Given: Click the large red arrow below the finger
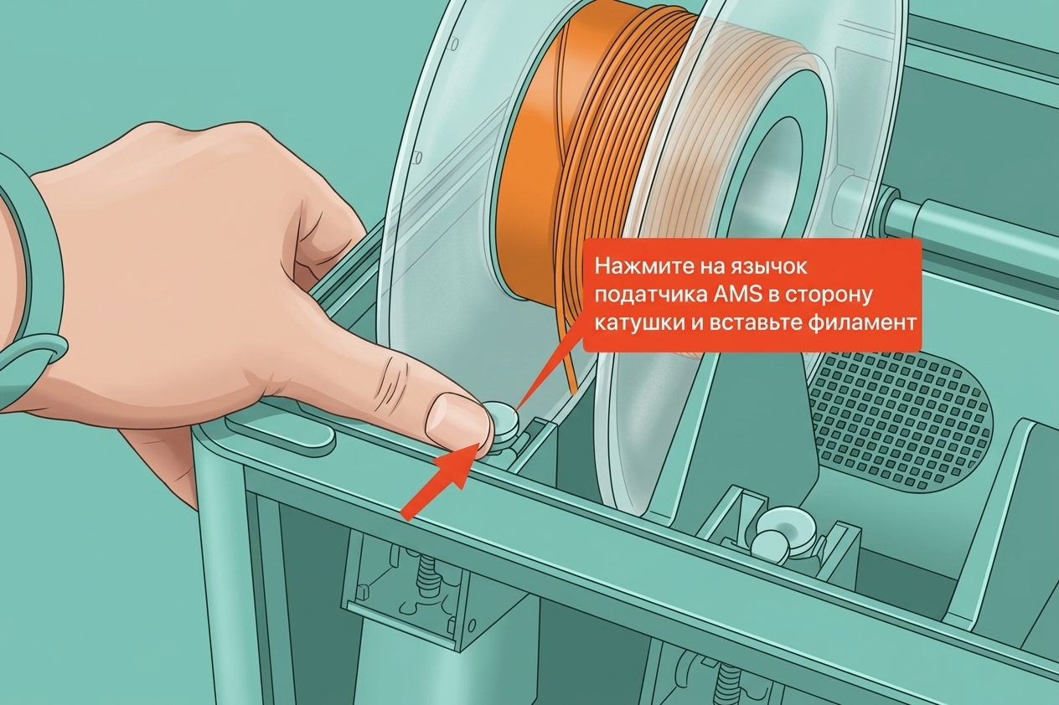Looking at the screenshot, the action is click(439, 482).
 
